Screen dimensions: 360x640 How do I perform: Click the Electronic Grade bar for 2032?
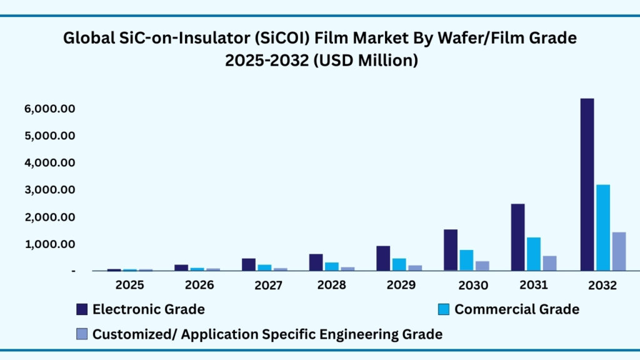587,184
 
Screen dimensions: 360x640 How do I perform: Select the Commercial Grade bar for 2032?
602,227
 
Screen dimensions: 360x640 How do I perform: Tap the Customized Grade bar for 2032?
619,251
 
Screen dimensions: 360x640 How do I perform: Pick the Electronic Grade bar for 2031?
517,237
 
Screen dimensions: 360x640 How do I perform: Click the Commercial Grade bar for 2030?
466,260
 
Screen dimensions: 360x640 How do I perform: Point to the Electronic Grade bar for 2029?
382,258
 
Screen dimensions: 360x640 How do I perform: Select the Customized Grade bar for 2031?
549,263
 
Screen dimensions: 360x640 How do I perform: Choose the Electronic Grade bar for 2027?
249,264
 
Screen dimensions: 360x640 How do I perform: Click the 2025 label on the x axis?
130,285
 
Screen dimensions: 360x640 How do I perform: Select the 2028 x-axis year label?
332,285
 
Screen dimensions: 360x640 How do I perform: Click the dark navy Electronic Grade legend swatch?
82,309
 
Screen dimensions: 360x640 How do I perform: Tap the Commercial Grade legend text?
516,309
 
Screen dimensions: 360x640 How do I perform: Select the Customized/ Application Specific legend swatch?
82,334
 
